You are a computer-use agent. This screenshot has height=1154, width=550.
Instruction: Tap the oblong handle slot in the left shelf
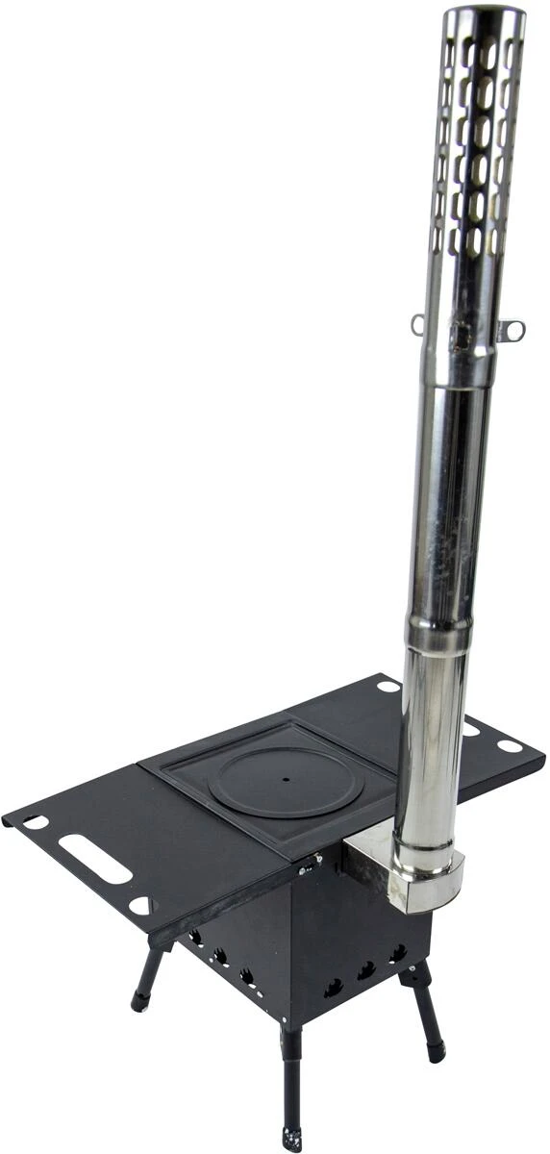click(94, 859)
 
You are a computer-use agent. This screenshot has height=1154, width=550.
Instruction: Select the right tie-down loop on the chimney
click(513, 331)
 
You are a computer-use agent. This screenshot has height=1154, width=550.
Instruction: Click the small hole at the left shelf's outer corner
click(36, 822)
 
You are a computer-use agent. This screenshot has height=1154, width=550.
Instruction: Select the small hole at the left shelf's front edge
click(139, 905)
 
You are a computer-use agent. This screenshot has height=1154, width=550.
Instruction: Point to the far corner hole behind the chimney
click(387, 687)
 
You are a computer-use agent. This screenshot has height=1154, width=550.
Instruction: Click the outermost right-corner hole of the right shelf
click(509, 745)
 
